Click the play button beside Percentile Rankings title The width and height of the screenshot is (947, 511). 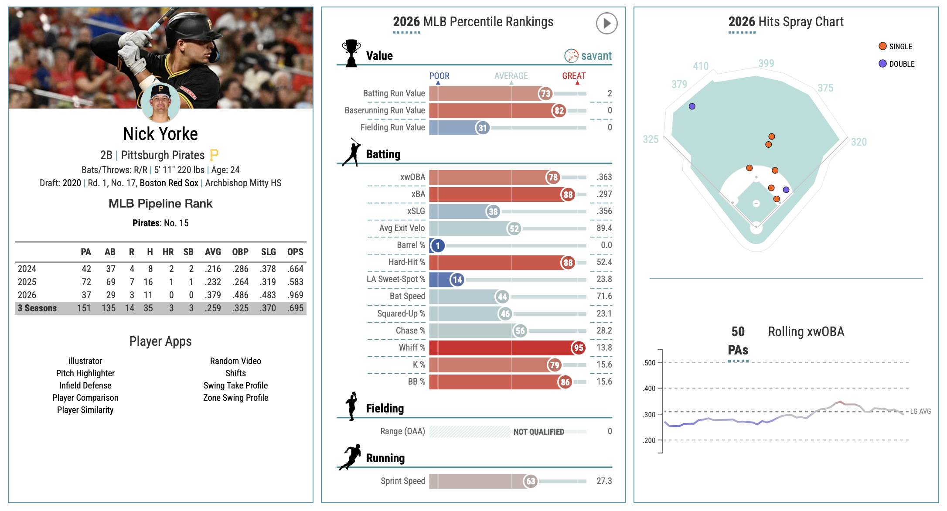(606, 23)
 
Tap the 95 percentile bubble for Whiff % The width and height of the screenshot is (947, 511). (578, 347)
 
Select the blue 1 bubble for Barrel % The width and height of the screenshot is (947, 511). (438, 245)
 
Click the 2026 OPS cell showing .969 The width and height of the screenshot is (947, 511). (295, 295)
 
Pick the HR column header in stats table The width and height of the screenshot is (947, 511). (168, 252)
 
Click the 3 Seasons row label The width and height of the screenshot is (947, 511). (37, 308)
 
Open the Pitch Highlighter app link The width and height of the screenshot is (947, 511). (85, 373)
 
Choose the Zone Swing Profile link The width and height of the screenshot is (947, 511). (235, 398)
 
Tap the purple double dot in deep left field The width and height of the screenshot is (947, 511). (692, 106)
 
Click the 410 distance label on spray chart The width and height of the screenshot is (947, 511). (701, 66)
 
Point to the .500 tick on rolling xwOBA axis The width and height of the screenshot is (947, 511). (649, 363)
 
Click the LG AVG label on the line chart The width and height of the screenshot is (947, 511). (920, 411)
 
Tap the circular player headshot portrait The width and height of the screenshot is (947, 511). (160, 103)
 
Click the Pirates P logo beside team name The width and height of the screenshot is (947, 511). (214, 155)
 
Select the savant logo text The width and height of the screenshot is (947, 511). (596, 56)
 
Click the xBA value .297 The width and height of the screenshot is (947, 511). (604, 194)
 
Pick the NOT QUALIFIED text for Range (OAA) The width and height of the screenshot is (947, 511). (538, 432)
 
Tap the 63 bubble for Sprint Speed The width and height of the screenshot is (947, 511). (530, 481)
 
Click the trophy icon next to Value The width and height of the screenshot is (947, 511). (351, 53)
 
